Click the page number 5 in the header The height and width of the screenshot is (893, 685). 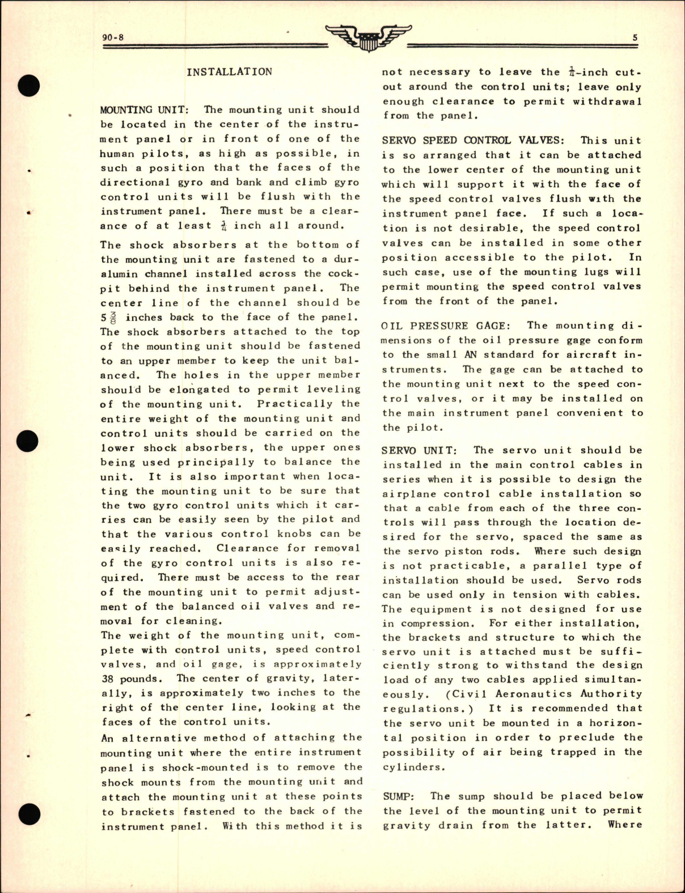[x=635, y=38]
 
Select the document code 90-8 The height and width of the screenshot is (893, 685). [x=113, y=39]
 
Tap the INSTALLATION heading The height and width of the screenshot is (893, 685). [x=229, y=72]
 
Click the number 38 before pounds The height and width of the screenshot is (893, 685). [x=109, y=679]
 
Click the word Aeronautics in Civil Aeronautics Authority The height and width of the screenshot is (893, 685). [x=532, y=694]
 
